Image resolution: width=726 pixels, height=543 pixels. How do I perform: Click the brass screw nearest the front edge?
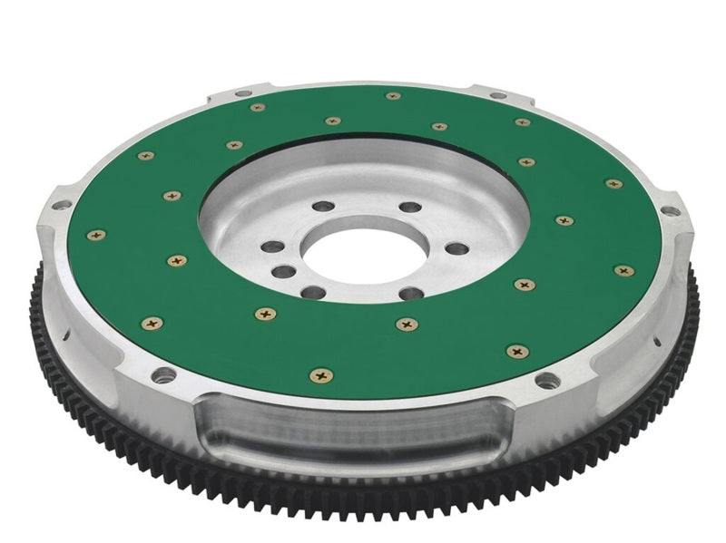[320, 374]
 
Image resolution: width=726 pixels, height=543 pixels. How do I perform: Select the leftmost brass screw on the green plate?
[95, 235]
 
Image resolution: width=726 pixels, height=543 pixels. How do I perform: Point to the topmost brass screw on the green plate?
[392, 95]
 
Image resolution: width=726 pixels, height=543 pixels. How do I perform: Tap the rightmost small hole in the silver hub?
[458, 248]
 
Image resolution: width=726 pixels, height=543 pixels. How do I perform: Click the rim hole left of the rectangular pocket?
[162, 374]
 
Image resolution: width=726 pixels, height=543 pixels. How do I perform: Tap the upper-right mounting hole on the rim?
[497, 95]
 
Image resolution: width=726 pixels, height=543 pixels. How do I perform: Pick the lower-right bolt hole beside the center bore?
[410, 292]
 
